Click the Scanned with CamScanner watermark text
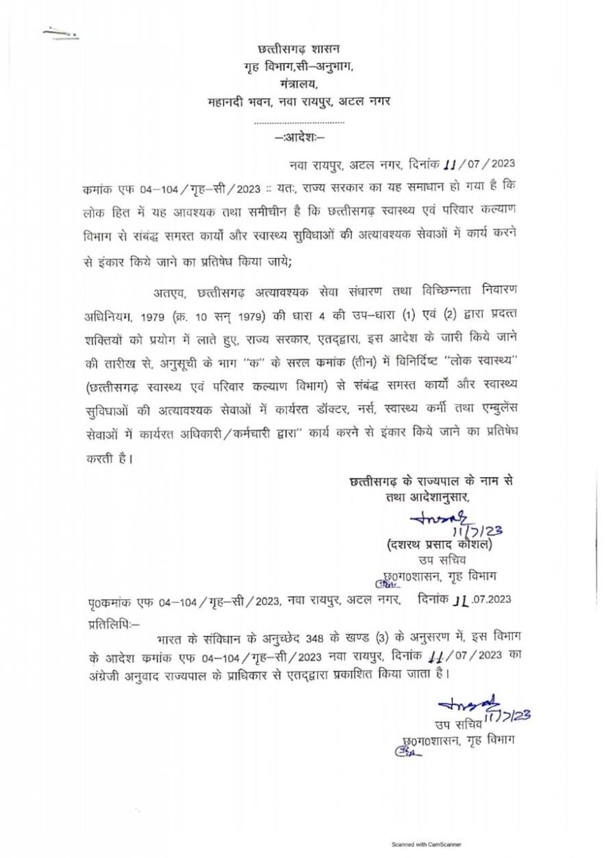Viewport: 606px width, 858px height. pyautogui.click(x=425, y=845)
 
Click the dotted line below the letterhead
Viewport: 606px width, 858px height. pyautogui.click(x=299, y=122)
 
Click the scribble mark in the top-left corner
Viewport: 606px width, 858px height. pyautogui.click(x=60, y=31)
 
